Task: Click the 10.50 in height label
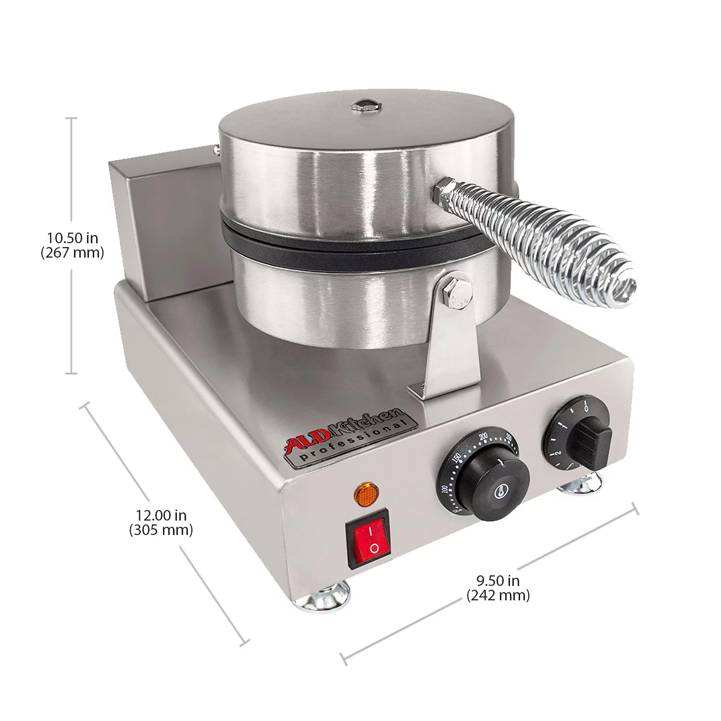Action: click(x=72, y=237)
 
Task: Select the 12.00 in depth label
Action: click(x=161, y=515)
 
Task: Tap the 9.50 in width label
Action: click(x=498, y=581)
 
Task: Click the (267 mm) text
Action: click(x=72, y=253)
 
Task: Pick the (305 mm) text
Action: click(x=161, y=530)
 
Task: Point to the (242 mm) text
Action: click(x=498, y=596)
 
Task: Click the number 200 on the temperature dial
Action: click(x=484, y=436)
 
